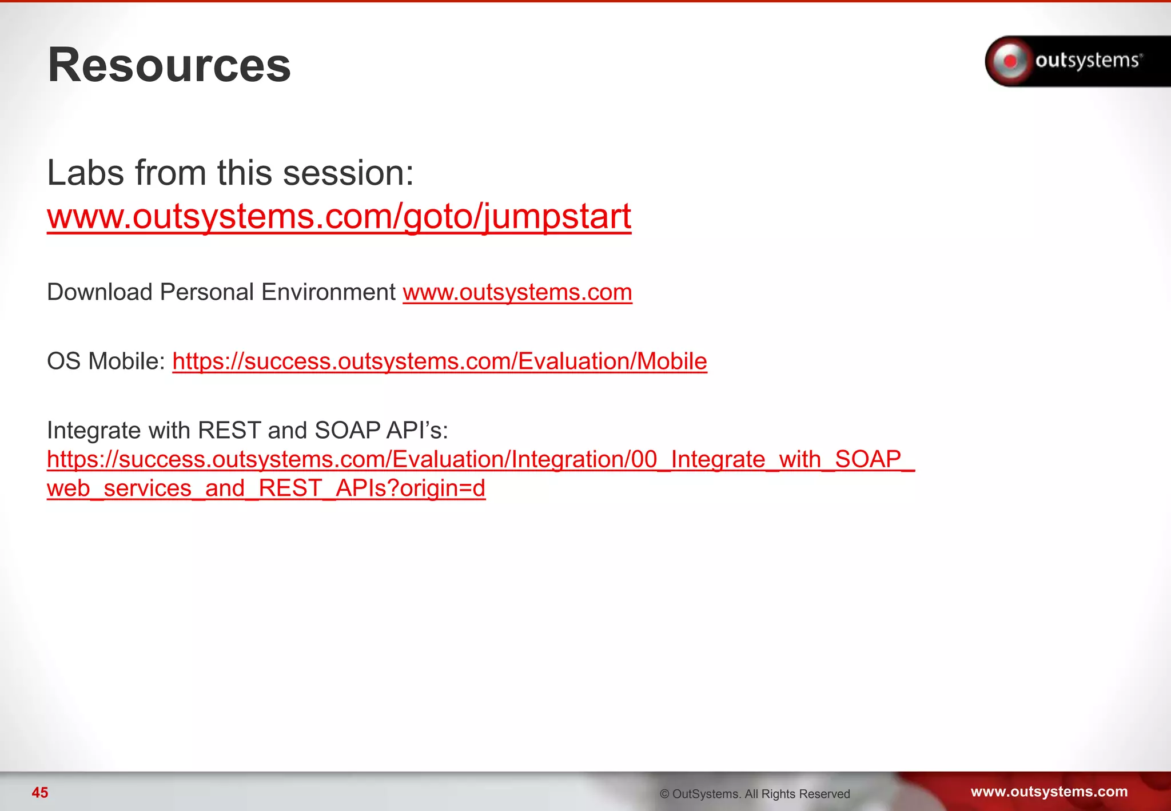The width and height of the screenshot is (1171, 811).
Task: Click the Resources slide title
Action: [169, 65]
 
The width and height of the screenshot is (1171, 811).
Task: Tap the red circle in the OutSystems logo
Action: [1010, 61]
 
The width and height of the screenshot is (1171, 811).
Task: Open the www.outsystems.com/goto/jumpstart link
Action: [338, 217]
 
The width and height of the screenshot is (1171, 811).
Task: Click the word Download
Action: [99, 292]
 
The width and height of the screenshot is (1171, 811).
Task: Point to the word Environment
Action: [328, 292]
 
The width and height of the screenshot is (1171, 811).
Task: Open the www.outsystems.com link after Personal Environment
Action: [517, 292]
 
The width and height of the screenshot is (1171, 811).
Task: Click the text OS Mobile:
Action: [106, 361]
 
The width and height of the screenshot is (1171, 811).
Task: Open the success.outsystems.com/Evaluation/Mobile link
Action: [439, 361]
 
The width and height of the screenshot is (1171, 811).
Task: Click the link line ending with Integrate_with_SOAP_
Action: [480, 459]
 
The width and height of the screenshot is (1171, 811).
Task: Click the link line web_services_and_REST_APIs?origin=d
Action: [266, 488]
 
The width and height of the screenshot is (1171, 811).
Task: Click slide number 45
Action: [40, 793]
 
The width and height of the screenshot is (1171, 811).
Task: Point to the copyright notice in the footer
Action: [754, 794]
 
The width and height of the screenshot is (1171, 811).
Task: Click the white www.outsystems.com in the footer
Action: [1049, 792]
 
